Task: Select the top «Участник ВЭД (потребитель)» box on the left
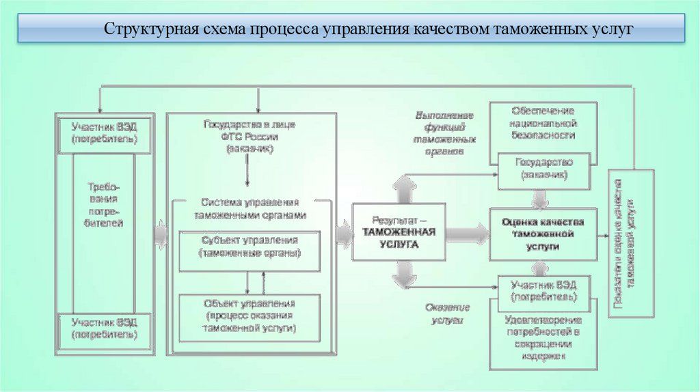(104, 132)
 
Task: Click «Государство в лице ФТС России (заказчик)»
(250, 137)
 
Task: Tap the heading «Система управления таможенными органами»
(250, 208)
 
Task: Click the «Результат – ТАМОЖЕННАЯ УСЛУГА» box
(399, 232)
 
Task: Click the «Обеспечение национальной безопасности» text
(543, 123)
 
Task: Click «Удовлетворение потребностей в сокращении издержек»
(543, 337)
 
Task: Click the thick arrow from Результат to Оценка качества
(468, 232)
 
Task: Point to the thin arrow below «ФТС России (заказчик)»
(247, 174)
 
